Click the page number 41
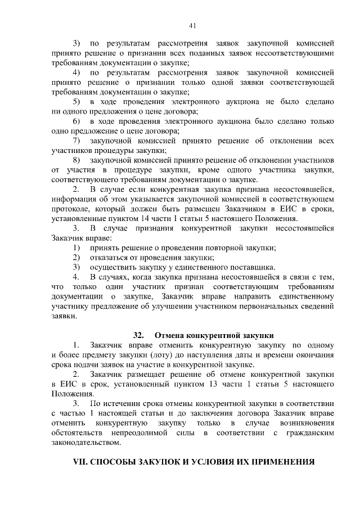pos(192,25)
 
